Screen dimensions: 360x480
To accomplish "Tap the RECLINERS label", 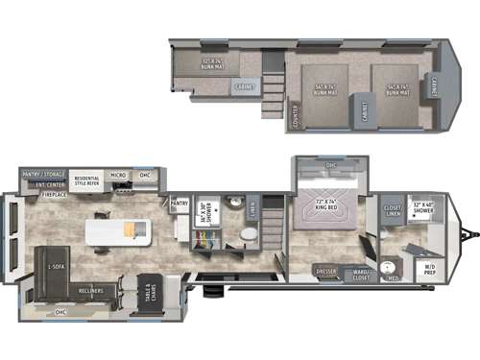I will coord(91,289).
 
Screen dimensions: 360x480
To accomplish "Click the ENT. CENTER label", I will coord(49,183).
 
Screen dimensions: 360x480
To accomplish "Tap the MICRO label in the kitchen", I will coord(118,176).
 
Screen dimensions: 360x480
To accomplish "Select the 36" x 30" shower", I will coord(204,212).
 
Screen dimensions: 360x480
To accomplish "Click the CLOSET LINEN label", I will coord(393,210).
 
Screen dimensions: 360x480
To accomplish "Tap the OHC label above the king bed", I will coord(331,165).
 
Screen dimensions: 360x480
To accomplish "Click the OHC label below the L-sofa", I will coord(60,313).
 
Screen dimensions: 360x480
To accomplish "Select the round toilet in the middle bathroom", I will coord(248,234).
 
